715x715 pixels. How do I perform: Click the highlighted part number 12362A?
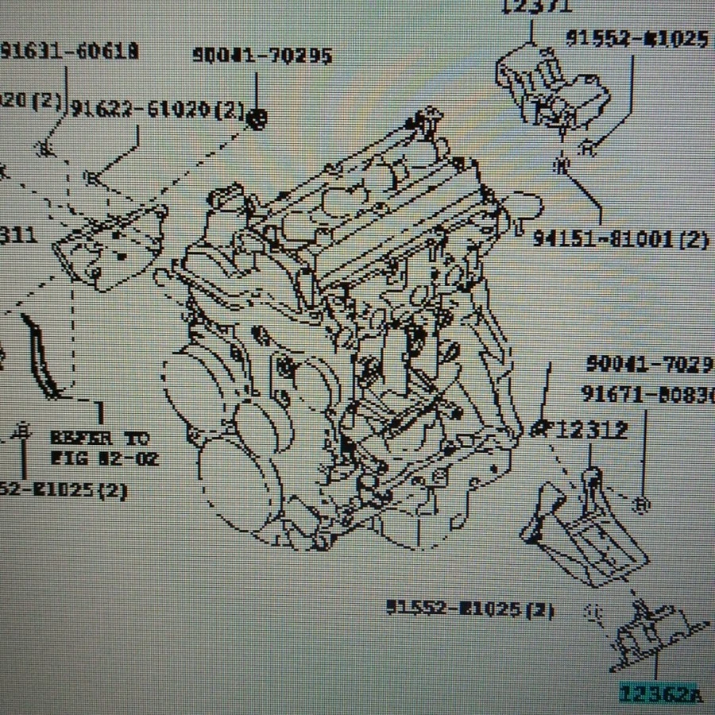[660, 694]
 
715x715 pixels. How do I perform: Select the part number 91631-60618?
[70, 52]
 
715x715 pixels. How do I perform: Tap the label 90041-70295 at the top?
[262, 56]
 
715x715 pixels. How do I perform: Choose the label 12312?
[591, 431]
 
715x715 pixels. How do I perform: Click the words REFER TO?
[99, 438]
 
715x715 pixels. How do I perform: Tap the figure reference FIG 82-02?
[105, 458]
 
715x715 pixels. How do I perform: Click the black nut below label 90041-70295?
[256, 119]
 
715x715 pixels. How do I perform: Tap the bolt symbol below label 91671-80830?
[643, 504]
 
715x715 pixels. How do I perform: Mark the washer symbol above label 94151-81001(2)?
[561, 165]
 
